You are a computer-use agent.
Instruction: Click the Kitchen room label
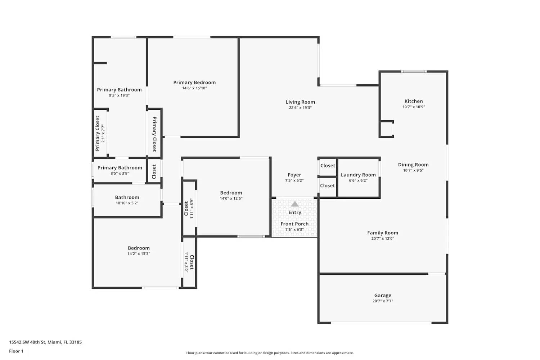[x=413, y=101]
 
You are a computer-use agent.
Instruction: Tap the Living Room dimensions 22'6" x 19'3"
[x=300, y=108]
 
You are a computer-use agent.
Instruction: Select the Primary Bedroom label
[x=194, y=82]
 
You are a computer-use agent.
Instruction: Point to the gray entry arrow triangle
[x=294, y=204]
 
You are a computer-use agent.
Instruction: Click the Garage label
[x=383, y=295]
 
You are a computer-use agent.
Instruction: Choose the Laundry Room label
[x=358, y=175]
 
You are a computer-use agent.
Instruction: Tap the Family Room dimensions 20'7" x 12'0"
[x=383, y=238]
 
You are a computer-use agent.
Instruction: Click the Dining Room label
[x=413, y=165]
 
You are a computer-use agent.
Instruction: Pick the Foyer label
[x=294, y=175]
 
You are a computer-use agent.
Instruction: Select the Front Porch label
[x=294, y=224]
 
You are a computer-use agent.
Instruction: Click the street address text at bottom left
[x=45, y=342]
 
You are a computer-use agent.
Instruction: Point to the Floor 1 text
[x=16, y=351]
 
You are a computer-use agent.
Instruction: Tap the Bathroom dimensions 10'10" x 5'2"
[x=127, y=203]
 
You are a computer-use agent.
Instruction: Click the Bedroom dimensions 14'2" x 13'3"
[x=139, y=254]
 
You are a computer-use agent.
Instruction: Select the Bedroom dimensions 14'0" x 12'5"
[x=231, y=198]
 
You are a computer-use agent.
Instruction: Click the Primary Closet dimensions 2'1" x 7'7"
[x=103, y=133]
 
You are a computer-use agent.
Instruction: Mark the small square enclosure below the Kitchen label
[x=386, y=129]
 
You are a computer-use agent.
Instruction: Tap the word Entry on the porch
[x=294, y=212]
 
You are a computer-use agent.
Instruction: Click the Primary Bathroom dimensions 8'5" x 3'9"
[x=120, y=174]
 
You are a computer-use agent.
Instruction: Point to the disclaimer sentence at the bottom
[x=270, y=353]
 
